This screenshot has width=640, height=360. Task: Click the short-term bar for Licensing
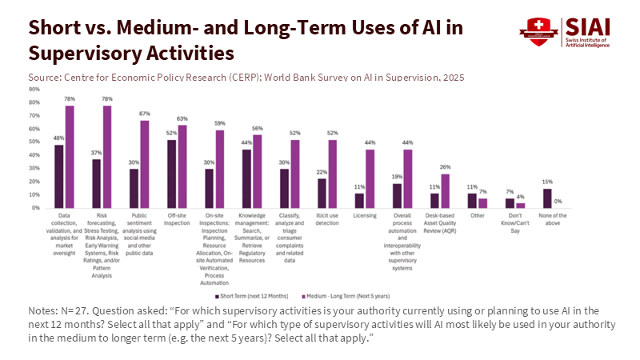[x=359, y=200]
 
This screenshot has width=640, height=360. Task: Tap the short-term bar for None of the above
[x=547, y=198]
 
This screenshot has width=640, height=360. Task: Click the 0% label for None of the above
[x=558, y=202]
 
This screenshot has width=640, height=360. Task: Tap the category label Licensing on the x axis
[x=364, y=215]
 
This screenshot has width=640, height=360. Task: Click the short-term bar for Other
[x=472, y=200]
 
